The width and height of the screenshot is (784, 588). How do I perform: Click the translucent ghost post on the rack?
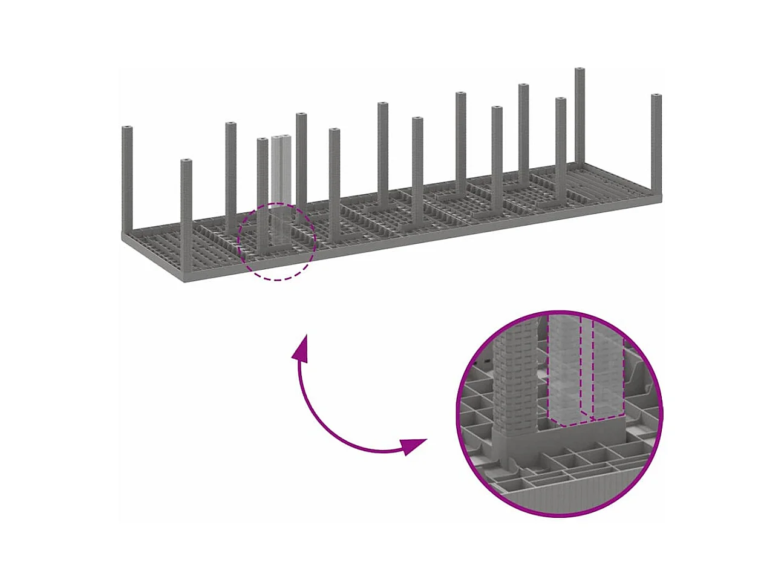point(279,181)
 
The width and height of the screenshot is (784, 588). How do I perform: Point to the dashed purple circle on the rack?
point(276,279)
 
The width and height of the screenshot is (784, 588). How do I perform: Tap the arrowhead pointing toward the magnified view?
point(415,446)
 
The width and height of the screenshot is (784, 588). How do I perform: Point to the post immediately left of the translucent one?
point(262,194)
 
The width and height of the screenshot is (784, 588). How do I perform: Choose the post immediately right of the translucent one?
point(301,163)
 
